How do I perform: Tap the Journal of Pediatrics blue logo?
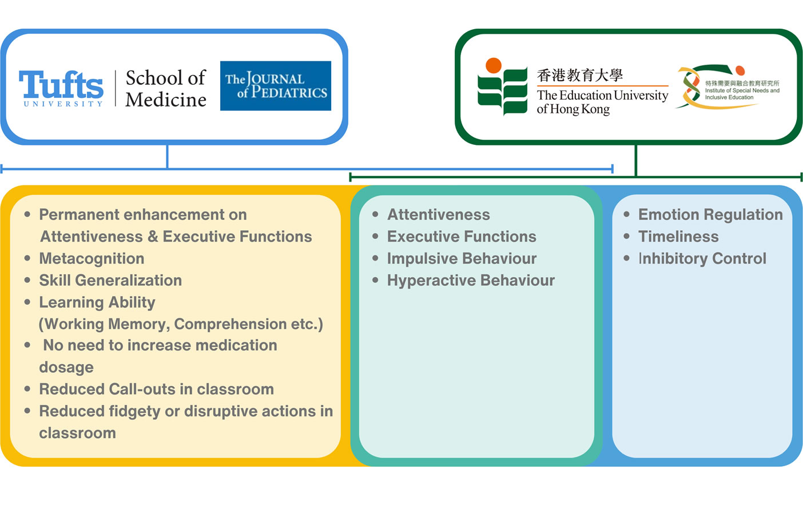click(x=275, y=86)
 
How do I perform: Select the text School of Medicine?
click(x=165, y=88)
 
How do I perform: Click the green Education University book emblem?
click(x=502, y=87)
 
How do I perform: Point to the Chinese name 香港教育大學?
click(x=579, y=75)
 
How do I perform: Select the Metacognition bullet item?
click(x=92, y=259)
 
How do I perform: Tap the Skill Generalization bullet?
click(x=110, y=281)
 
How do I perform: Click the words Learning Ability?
click(x=97, y=302)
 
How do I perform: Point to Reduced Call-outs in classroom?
click(x=156, y=389)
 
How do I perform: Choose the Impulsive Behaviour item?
click(x=462, y=259)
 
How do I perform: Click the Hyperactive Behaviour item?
click(x=471, y=281)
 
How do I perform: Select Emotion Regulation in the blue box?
click(x=710, y=215)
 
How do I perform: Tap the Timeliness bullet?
click(x=678, y=237)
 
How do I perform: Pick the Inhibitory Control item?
click(x=702, y=259)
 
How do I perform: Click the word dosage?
click(x=66, y=368)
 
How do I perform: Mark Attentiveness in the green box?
click(x=439, y=215)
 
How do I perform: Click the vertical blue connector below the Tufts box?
click(x=167, y=156)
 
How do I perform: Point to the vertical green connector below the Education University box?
click(x=635, y=160)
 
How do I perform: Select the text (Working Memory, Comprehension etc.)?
click(x=181, y=324)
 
